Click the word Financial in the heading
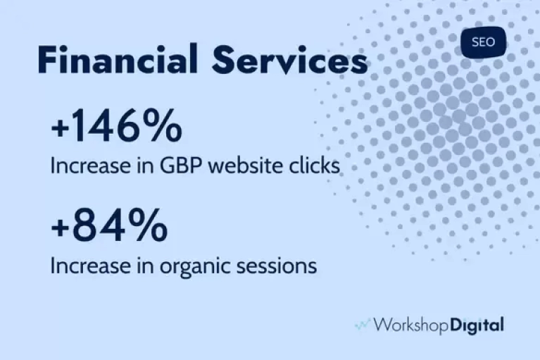[118, 59]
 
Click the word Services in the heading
[290, 59]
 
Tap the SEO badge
[483, 42]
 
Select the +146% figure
[116, 125]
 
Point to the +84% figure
[109, 225]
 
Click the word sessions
[277, 266]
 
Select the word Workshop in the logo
[411, 325]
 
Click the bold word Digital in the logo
[477, 325]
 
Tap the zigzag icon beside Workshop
[363, 325]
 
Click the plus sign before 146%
[60, 128]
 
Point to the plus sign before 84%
[60, 228]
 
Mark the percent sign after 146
[162, 125]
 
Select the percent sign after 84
[148, 225]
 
